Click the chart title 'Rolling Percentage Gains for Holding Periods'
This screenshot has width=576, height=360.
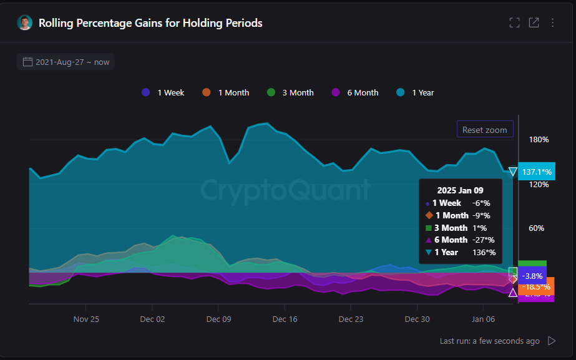point(150,23)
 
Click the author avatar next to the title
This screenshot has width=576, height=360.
point(25,23)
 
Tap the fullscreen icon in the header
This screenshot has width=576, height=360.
point(514,23)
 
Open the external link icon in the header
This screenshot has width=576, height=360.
point(534,23)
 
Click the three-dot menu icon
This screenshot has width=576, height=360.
point(552,23)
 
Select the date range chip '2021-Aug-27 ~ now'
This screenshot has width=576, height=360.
point(66,62)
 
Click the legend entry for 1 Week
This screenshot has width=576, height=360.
point(164,92)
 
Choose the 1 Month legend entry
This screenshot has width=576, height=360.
point(226,92)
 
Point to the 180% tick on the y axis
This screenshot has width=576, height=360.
point(539,139)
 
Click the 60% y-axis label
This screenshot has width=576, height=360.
point(537,228)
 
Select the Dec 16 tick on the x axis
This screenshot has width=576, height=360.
point(285,319)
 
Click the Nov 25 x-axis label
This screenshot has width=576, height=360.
point(86,319)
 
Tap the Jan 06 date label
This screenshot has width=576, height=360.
point(483,319)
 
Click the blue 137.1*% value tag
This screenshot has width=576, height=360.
point(537,172)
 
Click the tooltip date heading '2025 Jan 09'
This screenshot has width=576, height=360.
point(460,190)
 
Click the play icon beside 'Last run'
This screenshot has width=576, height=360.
point(551,341)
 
